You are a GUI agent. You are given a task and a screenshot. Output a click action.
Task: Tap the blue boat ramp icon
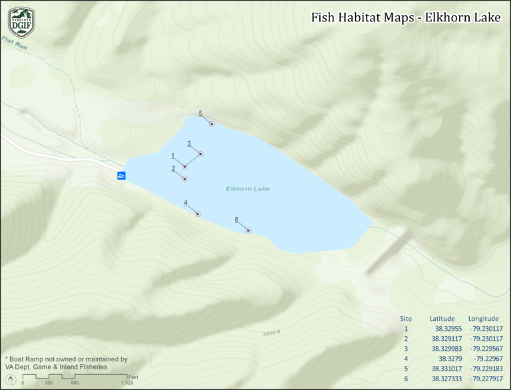point(121,175)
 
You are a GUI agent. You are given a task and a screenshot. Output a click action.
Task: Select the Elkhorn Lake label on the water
point(248,189)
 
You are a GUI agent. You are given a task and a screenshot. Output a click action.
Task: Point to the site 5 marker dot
point(212,124)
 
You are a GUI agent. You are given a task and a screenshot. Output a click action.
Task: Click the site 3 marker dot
point(200,154)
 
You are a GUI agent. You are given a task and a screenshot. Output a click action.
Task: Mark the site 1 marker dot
point(185,166)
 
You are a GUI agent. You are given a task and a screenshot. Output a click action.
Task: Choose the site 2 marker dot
point(185,179)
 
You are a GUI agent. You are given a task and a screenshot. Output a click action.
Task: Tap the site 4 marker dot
point(198,214)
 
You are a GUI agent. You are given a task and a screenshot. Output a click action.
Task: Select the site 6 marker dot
point(248,230)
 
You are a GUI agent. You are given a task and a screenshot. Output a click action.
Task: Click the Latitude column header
point(442,318)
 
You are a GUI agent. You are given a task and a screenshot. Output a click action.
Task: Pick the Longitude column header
point(483,318)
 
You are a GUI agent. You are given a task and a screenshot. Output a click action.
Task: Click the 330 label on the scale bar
point(48,383)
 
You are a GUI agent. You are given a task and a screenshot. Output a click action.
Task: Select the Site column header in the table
point(406,318)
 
